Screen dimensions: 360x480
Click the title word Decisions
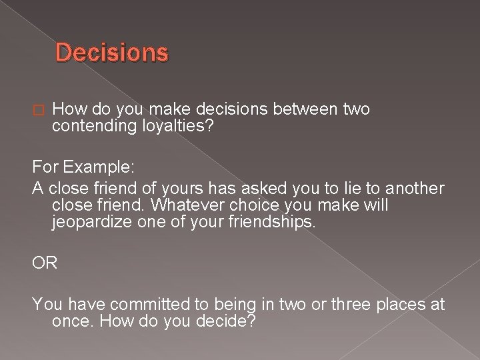tap(112, 52)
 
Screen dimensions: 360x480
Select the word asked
tap(233, 189)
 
